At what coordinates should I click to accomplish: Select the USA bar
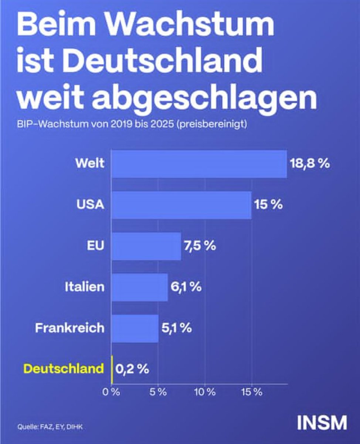(x=181, y=205)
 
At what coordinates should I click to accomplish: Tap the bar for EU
(x=146, y=246)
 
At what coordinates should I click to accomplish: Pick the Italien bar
(x=139, y=287)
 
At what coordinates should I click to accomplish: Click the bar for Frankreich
(x=135, y=328)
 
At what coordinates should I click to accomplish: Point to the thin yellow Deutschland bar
(x=112, y=369)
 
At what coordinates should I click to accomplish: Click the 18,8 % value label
(x=309, y=164)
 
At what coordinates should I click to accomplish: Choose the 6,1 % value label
(x=186, y=287)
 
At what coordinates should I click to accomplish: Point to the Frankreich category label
(x=69, y=328)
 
